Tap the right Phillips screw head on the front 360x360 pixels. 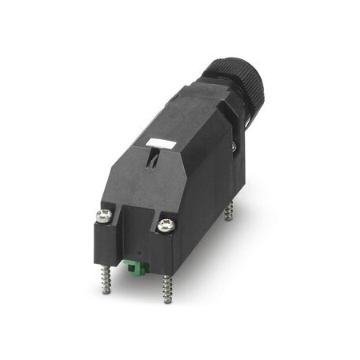pyautogui.click(x=166, y=226)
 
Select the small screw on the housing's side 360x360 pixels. pyautogui.click(x=233, y=146)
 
